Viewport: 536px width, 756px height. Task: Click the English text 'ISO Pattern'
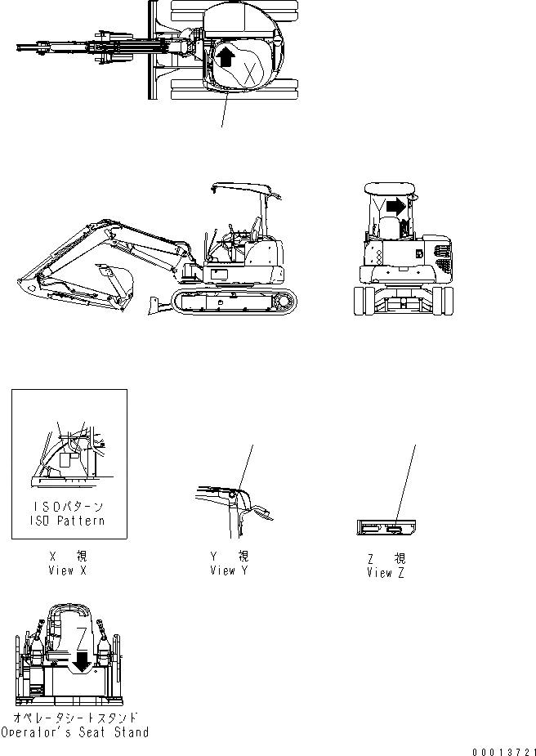pos(69,521)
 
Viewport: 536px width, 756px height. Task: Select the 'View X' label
pos(68,570)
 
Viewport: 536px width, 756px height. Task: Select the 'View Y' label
pos(229,570)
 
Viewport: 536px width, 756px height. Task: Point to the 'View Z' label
pos(386,572)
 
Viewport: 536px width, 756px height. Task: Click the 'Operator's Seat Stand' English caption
pos(75,732)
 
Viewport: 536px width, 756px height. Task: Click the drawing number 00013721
pos(502,750)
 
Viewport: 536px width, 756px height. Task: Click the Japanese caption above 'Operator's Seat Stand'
pos(75,718)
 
